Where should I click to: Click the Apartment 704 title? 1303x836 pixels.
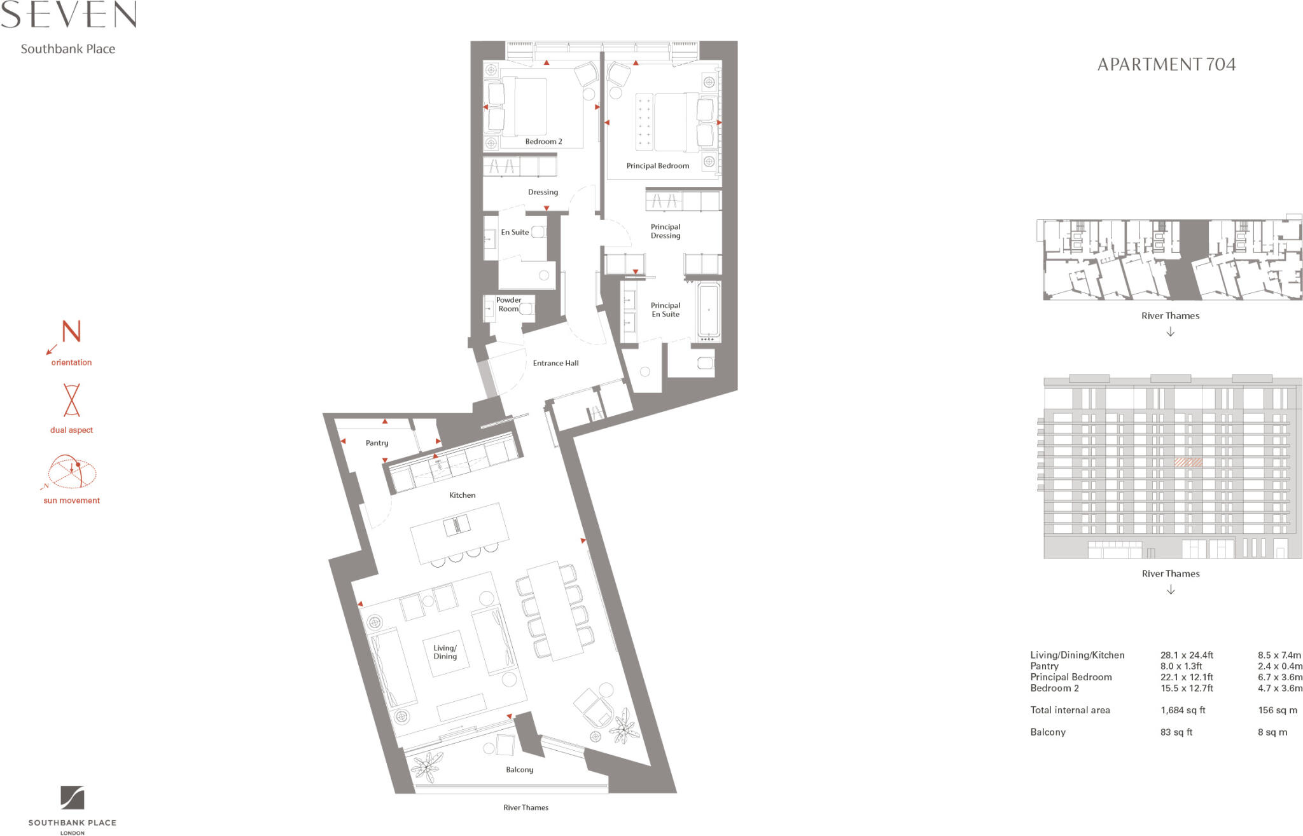(x=1166, y=64)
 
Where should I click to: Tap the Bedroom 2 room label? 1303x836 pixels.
(x=543, y=142)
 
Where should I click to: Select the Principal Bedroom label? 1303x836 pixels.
(x=657, y=166)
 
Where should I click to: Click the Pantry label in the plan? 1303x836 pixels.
(x=377, y=443)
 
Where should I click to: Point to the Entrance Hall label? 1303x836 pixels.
(x=555, y=363)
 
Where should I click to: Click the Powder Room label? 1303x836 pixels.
(x=508, y=305)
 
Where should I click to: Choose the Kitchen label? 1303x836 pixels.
(x=462, y=495)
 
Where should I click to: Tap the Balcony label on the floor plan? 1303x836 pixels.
(x=519, y=770)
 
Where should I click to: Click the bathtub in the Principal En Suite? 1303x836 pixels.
(x=709, y=311)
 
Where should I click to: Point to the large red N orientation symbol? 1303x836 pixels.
(x=71, y=332)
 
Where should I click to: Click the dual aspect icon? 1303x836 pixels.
(x=71, y=400)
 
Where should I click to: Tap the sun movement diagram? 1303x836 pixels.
(x=71, y=472)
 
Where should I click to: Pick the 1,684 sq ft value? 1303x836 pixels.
(x=1183, y=710)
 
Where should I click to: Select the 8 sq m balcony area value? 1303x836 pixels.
(x=1272, y=732)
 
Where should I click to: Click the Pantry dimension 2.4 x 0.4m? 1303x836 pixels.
(x=1279, y=666)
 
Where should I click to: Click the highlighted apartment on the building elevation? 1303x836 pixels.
(x=1188, y=463)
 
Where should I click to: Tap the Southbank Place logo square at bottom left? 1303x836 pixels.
(x=72, y=797)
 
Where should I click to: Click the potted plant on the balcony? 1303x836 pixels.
(x=427, y=766)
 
